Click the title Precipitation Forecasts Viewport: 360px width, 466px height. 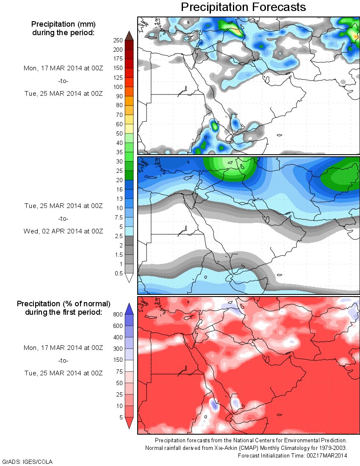(x=243, y=7)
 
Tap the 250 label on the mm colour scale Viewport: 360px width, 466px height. (x=118, y=40)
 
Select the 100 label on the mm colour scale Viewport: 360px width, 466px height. (x=118, y=87)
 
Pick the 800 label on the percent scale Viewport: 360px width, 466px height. (x=118, y=314)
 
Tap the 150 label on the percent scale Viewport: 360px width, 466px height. (x=118, y=360)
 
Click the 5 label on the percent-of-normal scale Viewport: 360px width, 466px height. (x=120, y=417)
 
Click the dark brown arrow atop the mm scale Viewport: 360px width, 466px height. (x=130, y=35)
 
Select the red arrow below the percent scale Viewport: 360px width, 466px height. (x=130, y=423)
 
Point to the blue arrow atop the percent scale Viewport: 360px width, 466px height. (x=130, y=309)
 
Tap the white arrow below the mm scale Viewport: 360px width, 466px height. (x=130, y=278)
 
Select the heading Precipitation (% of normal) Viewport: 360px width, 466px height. (x=64, y=304)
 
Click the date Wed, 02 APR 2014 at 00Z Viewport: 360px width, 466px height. (x=64, y=231)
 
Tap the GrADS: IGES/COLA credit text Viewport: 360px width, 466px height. (x=28, y=461)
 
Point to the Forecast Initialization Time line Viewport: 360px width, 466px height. (x=292, y=455)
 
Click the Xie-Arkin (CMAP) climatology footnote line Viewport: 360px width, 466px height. (x=246, y=448)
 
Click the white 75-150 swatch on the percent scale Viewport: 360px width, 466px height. (x=130, y=366)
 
